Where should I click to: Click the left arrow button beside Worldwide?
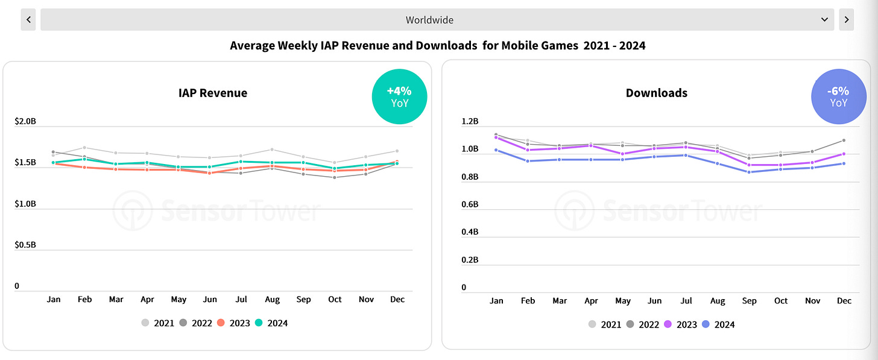(28, 19)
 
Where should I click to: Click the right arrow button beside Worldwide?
(847, 19)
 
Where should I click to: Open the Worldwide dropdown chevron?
(825, 20)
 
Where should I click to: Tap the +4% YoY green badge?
(399, 96)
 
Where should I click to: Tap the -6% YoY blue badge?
(839, 96)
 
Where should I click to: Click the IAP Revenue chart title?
(213, 93)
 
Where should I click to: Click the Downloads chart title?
(657, 93)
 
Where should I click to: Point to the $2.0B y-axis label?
(25, 121)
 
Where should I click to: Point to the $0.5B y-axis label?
(25, 245)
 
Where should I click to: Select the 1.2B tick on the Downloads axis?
(470, 121)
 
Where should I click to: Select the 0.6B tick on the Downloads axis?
(470, 204)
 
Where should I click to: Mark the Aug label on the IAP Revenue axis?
(272, 299)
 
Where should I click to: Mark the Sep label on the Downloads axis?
(750, 300)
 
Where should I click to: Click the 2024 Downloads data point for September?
(750, 172)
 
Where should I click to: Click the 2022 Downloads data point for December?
(844, 141)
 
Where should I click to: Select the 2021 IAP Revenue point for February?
(85, 148)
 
